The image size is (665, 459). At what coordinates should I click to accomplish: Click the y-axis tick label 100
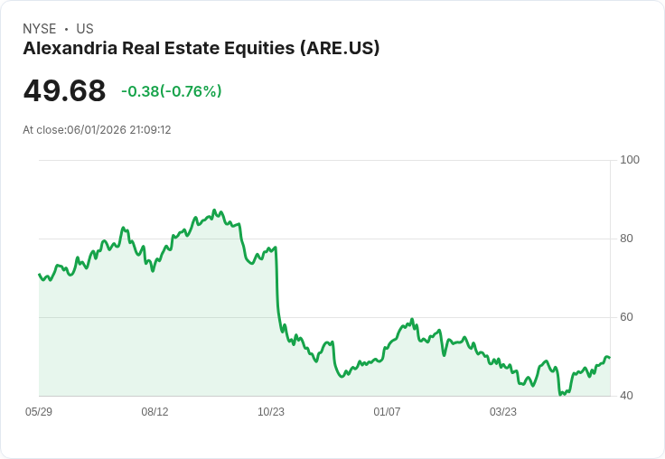point(630,160)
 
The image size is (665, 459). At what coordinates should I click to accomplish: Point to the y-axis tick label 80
point(626,239)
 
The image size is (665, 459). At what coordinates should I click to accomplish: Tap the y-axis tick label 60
point(626,317)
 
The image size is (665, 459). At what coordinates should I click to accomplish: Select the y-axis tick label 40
point(626,396)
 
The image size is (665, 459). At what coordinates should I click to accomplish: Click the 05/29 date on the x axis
point(39,411)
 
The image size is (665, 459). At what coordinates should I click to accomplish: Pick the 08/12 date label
point(155,411)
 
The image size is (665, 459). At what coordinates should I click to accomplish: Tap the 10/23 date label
point(271,411)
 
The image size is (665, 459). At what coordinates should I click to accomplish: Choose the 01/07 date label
point(387,411)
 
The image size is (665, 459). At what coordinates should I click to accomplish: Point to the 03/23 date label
point(503,411)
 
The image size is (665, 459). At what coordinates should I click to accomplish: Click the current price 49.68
point(64,90)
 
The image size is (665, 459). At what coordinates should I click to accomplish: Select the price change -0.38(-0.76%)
point(172,91)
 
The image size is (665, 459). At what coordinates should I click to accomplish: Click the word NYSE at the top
point(40,29)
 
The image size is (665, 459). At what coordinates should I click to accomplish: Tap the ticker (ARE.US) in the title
point(340,49)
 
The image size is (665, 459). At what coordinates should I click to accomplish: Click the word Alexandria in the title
point(70,48)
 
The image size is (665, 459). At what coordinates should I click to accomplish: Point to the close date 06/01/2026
point(97,130)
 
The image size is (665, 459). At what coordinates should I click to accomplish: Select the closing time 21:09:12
point(150,130)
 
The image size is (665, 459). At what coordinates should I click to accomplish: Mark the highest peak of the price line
point(214,210)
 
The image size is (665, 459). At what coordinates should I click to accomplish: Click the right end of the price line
point(610,358)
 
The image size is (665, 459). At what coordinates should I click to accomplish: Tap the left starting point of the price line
point(39,274)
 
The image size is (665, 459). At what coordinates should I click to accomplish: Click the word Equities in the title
point(259,49)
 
